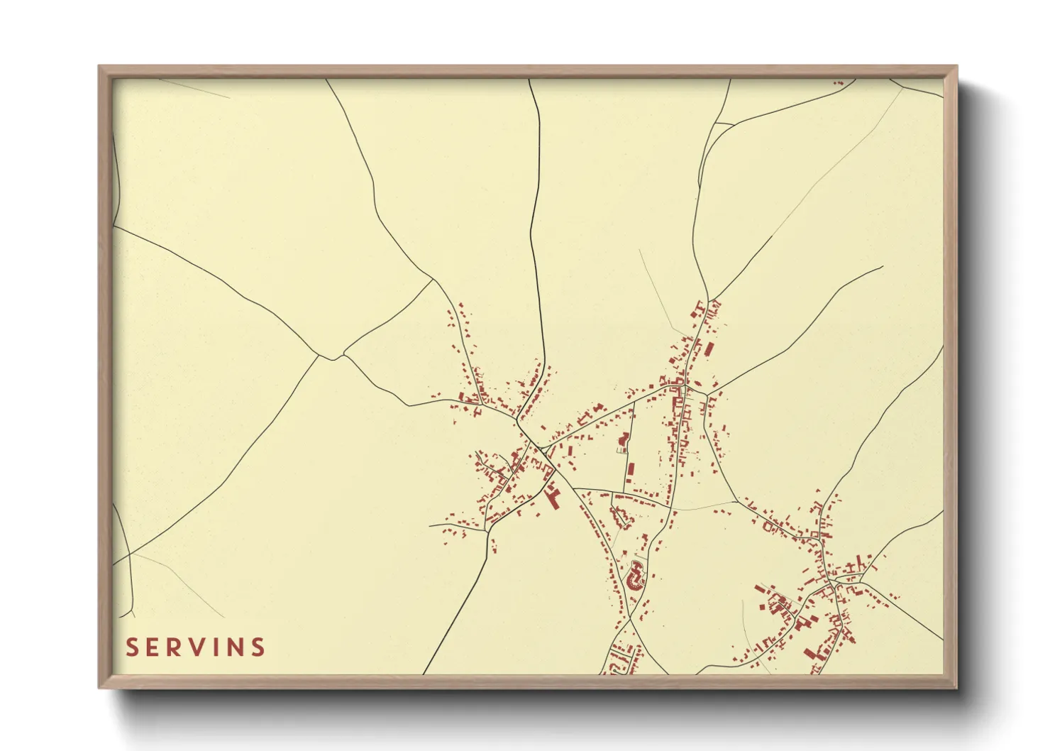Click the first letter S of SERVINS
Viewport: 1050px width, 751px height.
(x=133, y=647)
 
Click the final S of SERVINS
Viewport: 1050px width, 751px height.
(x=259, y=647)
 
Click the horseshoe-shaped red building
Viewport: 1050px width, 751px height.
(x=634, y=574)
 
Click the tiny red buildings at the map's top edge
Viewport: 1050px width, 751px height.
(x=839, y=83)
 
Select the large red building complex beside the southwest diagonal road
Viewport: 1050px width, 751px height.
(x=553, y=495)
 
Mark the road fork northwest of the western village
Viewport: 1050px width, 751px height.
(x=333, y=357)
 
